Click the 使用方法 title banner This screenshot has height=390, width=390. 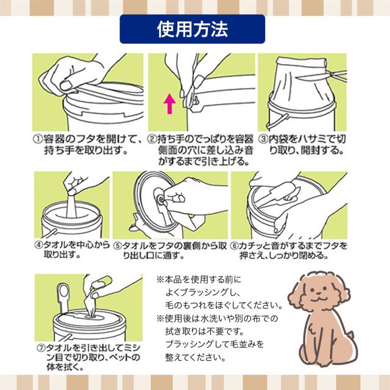[x=195, y=28]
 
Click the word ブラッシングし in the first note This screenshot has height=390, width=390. [x=194, y=292]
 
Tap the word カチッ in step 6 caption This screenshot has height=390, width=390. [x=257, y=246]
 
